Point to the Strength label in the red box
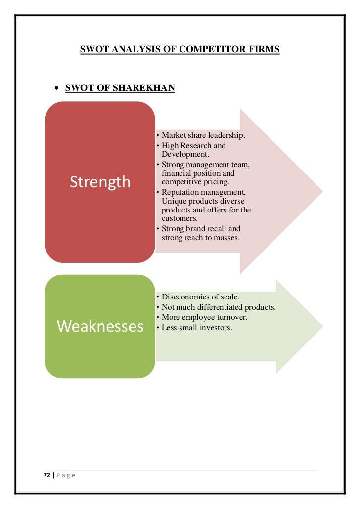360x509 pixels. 99,182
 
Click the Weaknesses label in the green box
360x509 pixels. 100,326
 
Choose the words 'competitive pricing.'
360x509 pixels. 195,182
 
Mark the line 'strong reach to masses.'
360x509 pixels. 200,238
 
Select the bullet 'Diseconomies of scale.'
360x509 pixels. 200,297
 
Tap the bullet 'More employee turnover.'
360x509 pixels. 204,317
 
